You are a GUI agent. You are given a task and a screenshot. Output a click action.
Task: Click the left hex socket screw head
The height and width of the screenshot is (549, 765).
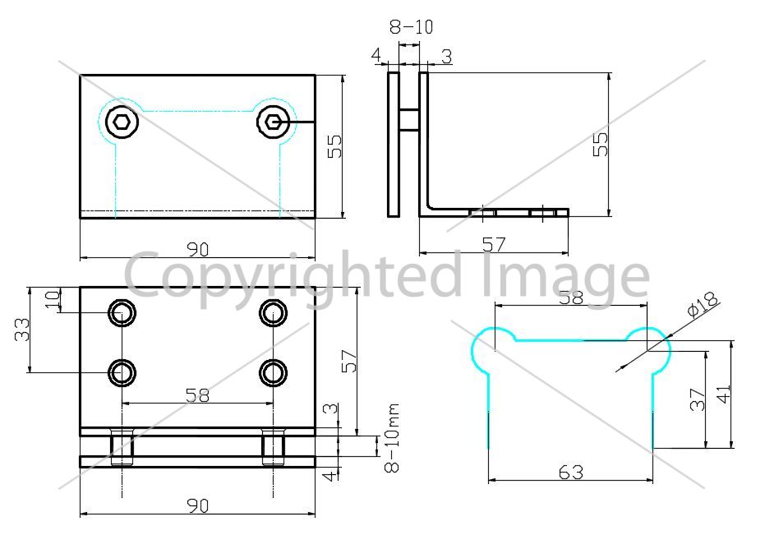(122, 121)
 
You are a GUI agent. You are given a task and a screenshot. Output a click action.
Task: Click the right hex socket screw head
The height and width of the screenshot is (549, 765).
(273, 121)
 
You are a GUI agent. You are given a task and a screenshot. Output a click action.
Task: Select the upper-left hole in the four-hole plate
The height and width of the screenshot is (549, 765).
(122, 313)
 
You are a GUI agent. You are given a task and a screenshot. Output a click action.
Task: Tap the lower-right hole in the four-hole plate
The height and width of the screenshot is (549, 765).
(273, 373)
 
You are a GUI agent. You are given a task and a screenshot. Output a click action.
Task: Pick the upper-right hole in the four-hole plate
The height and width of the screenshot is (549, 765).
(273, 313)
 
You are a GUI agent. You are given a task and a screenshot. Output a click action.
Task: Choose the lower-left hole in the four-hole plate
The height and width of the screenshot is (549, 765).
(122, 373)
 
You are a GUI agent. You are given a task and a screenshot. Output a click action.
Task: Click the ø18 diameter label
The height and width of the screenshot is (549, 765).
(703, 304)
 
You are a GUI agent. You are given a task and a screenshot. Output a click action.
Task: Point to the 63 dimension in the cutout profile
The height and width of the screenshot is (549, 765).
(571, 473)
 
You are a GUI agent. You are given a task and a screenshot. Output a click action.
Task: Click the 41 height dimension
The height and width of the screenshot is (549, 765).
(724, 394)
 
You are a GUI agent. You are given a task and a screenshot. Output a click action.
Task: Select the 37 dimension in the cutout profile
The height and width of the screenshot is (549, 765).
(698, 399)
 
